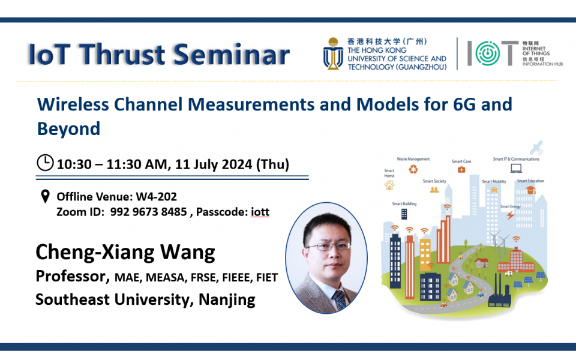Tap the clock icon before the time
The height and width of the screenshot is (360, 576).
(x=45, y=163)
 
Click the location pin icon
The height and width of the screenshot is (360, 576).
(x=44, y=197)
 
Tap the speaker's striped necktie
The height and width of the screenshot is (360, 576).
(x=340, y=299)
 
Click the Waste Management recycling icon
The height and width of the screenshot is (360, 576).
(x=413, y=169)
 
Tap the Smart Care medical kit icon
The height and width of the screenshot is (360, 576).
(x=461, y=170)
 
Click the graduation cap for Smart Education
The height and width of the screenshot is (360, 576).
(x=530, y=190)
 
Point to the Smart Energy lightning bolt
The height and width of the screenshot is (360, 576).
(x=510, y=215)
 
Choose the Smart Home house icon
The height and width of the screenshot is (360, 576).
(x=389, y=186)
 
